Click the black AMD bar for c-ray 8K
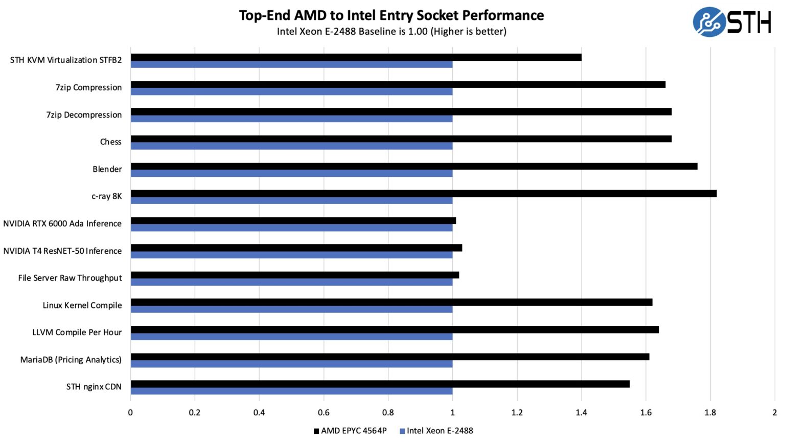pos(423,193)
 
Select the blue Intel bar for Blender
pos(291,173)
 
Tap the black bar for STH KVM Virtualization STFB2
pos(356,57)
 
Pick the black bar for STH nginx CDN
pos(380,384)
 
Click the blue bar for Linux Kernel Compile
pos(291,310)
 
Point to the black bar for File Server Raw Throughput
pos(294,275)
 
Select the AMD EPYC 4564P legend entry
pos(351,431)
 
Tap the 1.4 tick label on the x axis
pos(581,412)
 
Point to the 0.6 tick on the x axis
pos(324,412)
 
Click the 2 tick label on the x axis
pos(774,412)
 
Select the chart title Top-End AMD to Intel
pos(391,15)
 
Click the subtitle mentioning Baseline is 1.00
pos(391,31)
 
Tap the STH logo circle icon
pos(709,22)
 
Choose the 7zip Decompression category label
pos(84,115)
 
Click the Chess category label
pos(110,142)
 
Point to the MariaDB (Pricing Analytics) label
pos(71,360)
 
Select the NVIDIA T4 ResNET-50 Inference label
pos(62,251)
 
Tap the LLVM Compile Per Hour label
pos(77,333)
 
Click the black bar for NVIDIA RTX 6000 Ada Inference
pos(293,220)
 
